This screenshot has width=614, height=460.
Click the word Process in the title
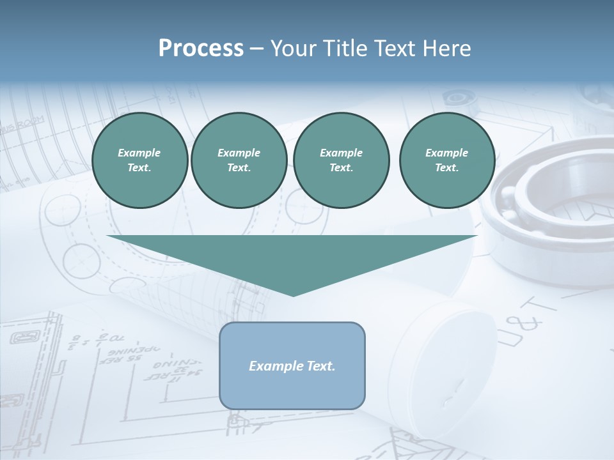tap(201, 49)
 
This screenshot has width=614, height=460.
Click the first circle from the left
tap(139, 160)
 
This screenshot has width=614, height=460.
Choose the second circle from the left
tap(239, 160)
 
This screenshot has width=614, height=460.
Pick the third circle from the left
tap(341, 160)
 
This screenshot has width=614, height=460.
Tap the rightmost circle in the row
tap(447, 160)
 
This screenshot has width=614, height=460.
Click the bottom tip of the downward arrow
tap(293, 295)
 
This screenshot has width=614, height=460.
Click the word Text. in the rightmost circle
tap(447, 168)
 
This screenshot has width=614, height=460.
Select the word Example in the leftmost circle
tap(139, 153)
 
